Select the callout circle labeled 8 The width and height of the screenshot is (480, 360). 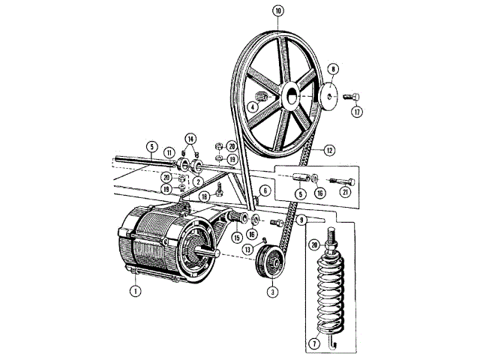[333, 68]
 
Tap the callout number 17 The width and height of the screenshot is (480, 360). [357, 112]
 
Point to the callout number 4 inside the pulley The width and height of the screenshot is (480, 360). [253, 107]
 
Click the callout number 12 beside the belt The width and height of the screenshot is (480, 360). [328, 151]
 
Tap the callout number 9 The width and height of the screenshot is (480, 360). [301, 220]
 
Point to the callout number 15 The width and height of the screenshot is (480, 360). [236, 238]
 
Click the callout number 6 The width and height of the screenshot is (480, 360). [265, 190]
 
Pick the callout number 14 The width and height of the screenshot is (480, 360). [190, 139]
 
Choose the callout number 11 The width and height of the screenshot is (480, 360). [170, 152]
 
